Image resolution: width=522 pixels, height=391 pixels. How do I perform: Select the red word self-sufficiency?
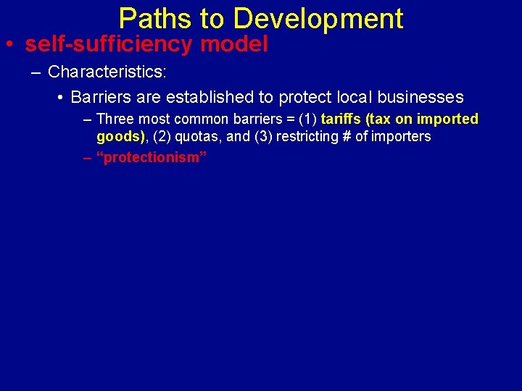[109, 44]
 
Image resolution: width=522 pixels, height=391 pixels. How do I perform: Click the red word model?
[234, 44]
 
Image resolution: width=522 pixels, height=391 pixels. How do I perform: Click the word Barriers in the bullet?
[100, 98]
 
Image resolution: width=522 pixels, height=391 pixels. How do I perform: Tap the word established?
[203, 98]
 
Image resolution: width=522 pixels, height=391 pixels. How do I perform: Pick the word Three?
[115, 119]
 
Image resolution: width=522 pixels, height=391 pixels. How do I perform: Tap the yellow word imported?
[447, 119]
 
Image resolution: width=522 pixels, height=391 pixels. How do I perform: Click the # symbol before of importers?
[345, 136]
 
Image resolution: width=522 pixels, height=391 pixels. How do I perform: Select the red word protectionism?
[152, 157]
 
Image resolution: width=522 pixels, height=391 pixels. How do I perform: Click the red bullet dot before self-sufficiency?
[9, 45]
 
